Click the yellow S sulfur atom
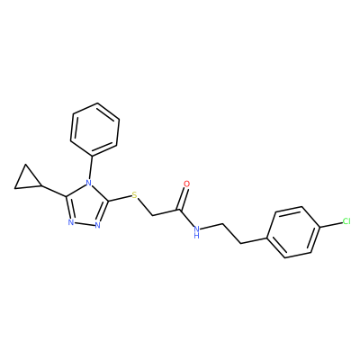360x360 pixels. (135, 195)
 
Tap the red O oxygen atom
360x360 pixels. (186, 184)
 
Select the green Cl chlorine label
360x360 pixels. (346, 221)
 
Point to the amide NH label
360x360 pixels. (196, 231)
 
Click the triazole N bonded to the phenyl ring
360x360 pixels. (88, 183)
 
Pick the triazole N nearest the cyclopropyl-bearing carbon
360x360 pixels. (70, 222)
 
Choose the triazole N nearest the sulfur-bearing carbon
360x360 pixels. (97, 225)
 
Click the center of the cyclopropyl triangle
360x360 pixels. (27, 180)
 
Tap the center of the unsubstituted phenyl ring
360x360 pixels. (94, 130)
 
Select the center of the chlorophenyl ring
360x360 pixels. (292, 232)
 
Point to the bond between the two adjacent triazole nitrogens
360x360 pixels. (84, 224)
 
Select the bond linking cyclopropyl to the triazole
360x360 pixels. (54, 191)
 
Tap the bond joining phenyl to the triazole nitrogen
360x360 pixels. (91, 167)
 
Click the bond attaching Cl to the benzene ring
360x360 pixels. (330, 224)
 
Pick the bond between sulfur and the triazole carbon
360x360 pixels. (120, 199)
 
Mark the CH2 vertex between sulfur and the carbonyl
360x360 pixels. (153, 216)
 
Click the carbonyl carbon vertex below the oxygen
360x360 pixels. (180, 209)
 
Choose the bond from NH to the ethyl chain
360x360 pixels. (211, 226)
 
